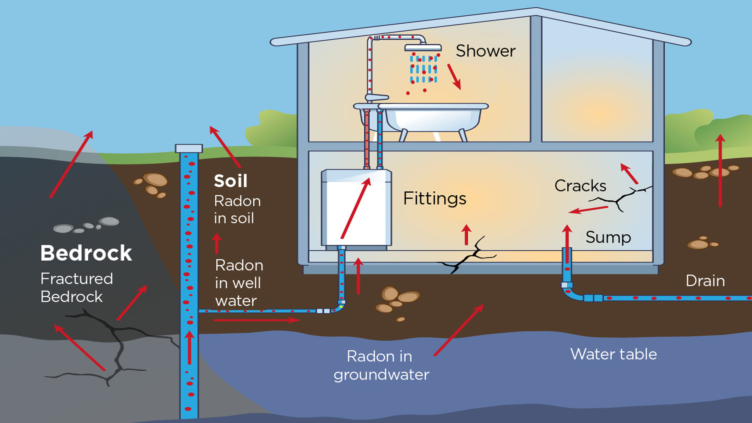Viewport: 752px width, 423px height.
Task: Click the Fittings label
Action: click(x=435, y=199)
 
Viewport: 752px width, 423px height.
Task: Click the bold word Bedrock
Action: click(x=86, y=253)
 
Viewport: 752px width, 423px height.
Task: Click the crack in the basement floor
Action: click(x=467, y=256)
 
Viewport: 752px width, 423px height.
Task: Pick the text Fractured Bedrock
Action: click(x=77, y=287)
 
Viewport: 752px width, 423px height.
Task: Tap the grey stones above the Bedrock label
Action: click(x=86, y=225)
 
